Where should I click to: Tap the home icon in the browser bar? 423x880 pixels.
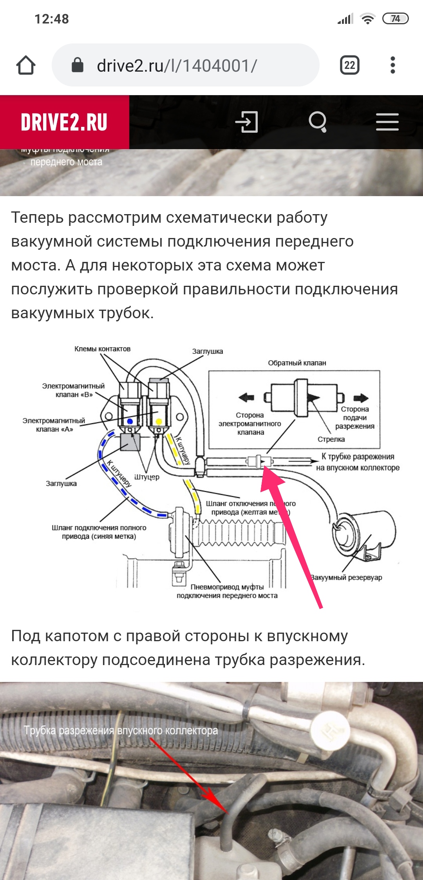pyautogui.click(x=26, y=65)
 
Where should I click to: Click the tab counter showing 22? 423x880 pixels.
pyautogui.click(x=349, y=65)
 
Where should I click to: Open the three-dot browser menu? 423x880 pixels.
pyautogui.click(x=393, y=65)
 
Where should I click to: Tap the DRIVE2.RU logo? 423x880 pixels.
pyautogui.click(x=64, y=122)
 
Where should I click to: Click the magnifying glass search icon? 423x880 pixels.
pyautogui.click(x=318, y=122)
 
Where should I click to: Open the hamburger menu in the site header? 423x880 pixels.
pyautogui.click(x=387, y=122)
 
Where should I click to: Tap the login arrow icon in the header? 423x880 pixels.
pyautogui.click(x=247, y=122)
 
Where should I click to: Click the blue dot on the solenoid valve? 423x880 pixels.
pyautogui.click(x=130, y=422)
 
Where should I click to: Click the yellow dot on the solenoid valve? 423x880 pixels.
pyautogui.click(x=159, y=422)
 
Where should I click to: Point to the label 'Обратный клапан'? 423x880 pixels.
pyautogui.click(x=297, y=363)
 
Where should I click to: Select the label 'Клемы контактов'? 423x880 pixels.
pyautogui.click(x=102, y=349)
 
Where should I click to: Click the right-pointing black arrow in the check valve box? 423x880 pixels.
pyautogui.click(x=361, y=398)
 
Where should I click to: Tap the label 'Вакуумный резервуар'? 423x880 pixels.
pyautogui.click(x=346, y=577)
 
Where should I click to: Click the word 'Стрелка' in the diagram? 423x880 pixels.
pyautogui.click(x=331, y=439)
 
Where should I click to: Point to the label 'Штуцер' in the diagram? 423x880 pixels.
pyautogui.click(x=146, y=477)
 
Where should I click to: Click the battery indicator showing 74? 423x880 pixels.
pyautogui.click(x=395, y=19)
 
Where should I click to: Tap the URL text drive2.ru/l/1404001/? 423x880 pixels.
pyautogui.click(x=177, y=66)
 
